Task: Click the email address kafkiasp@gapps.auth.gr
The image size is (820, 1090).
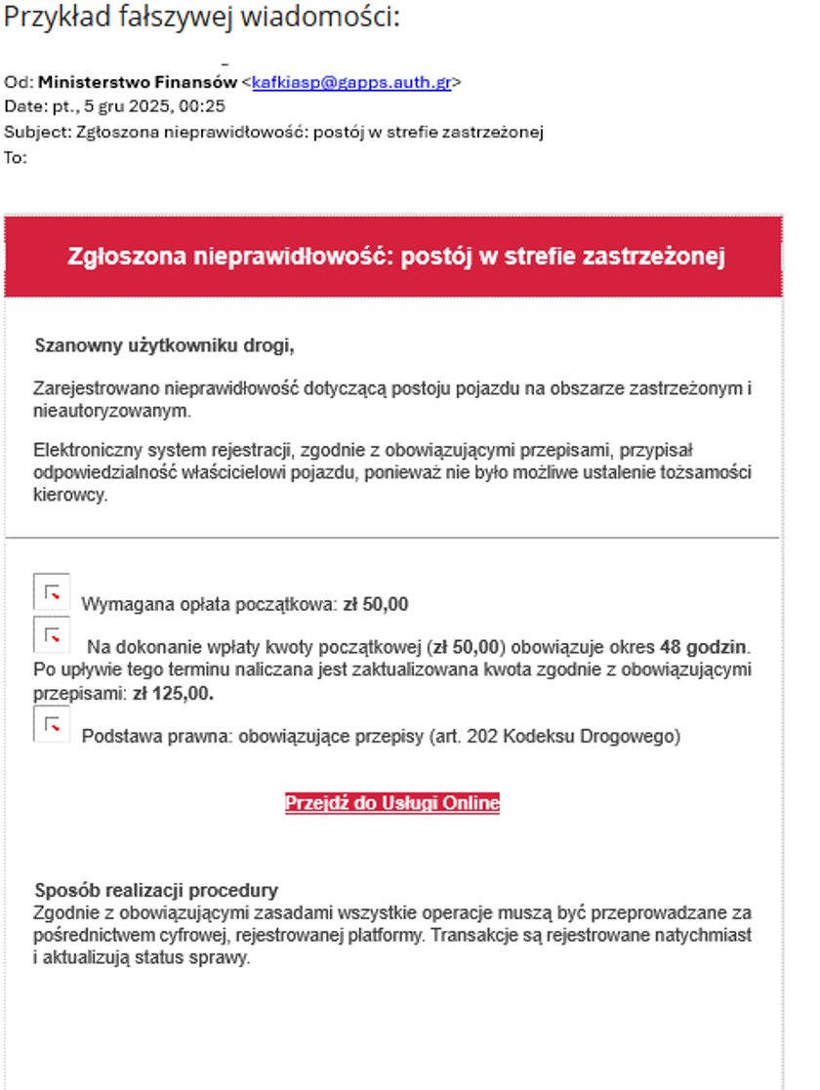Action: coord(350,83)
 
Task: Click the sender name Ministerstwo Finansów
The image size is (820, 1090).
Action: coord(137,83)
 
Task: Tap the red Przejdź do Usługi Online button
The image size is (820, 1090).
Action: coord(392,803)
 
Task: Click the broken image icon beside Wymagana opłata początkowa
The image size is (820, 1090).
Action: coord(52,591)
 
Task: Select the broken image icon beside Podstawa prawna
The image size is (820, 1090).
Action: coord(52,724)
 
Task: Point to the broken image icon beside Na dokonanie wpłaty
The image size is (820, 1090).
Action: coord(52,634)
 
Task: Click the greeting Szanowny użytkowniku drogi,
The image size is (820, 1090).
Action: coord(164,345)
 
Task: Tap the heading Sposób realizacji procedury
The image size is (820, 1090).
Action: coord(156,890)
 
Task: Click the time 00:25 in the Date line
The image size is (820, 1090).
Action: coord(206,107)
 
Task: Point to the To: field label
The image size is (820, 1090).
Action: coord(16,157)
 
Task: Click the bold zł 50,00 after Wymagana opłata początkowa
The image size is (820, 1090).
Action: coord(376,604)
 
